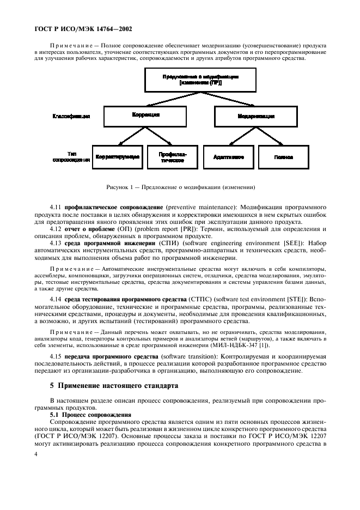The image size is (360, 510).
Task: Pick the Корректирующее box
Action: pyautogui.click(x=117, y=156)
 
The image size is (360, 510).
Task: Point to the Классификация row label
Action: pyautogui.click(x=71, y=116)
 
